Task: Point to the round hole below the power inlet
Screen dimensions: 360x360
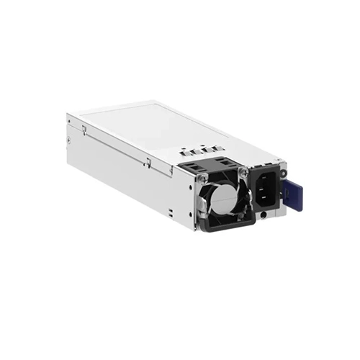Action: pos(265,214)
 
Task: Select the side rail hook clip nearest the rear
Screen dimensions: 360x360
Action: pos(84,130)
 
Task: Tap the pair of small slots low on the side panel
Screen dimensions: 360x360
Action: pos(170,210)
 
